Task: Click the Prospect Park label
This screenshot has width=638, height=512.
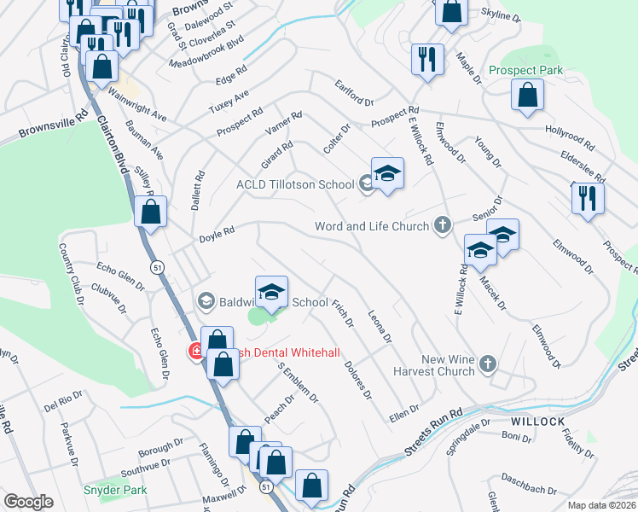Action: [525, 70]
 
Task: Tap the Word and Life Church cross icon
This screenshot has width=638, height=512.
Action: [442, 225]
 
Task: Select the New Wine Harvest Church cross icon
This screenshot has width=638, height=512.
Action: [487, 364]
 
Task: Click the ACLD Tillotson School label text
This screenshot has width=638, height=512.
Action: [295, 184]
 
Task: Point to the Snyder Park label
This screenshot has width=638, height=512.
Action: [115, 490]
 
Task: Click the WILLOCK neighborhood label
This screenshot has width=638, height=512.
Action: [538, 422]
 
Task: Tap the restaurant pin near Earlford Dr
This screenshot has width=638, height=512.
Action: [426, 59]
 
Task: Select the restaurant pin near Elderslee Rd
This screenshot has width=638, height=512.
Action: [587, 197]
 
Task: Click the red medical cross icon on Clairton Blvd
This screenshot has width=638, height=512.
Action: [196, 351]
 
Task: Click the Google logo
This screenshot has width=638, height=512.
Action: [28, 502]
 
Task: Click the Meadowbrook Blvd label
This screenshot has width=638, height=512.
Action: [206, 52]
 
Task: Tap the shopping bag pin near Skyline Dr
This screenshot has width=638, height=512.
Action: [451, 11]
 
